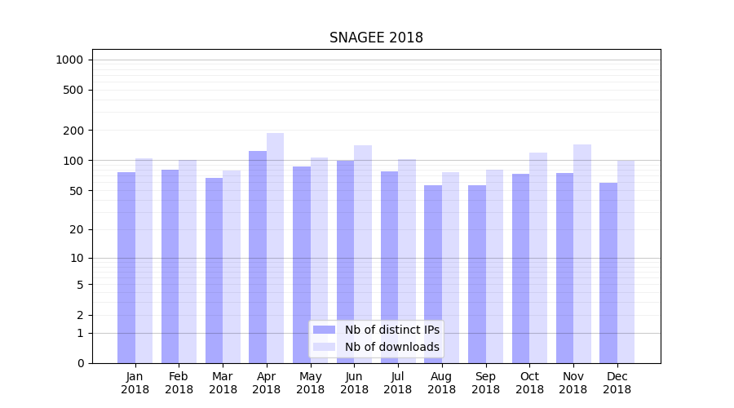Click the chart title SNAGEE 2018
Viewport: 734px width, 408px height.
click(376, 38)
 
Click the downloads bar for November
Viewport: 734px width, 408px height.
click(582, 254)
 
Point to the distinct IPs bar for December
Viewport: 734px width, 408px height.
click(608, 273)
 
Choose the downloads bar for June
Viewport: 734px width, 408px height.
click(363, 254)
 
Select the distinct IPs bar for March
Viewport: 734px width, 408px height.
click(214, 270)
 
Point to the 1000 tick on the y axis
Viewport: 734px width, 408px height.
click(69, 60)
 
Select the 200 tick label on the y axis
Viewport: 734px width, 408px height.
click(73, 131)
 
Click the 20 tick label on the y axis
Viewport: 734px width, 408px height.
click(76, 229)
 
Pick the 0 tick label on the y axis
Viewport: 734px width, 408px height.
click(80, 363)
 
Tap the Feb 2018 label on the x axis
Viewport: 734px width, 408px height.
click(179, 383)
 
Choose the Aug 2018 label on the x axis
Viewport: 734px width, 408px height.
click(441, 383)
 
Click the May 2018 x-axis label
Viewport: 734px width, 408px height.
click(310, 383)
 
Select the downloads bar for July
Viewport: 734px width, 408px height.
click(407, 261)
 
